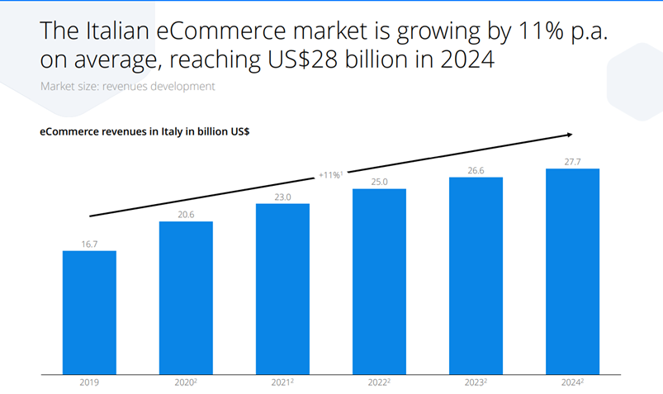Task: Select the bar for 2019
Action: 89,312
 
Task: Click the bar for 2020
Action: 186,297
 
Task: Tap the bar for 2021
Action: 282,288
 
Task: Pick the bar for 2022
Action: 379,281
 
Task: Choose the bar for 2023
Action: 476,275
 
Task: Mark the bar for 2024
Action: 572,271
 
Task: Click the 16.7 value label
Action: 89,244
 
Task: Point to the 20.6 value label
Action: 186,214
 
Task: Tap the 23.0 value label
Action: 282,196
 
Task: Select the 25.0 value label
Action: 379,182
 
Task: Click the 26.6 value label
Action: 476,170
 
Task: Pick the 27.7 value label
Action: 572,162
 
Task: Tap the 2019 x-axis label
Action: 89,382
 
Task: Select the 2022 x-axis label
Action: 379,382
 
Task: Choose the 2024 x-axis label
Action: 572,382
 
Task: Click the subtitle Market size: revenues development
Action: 127,86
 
